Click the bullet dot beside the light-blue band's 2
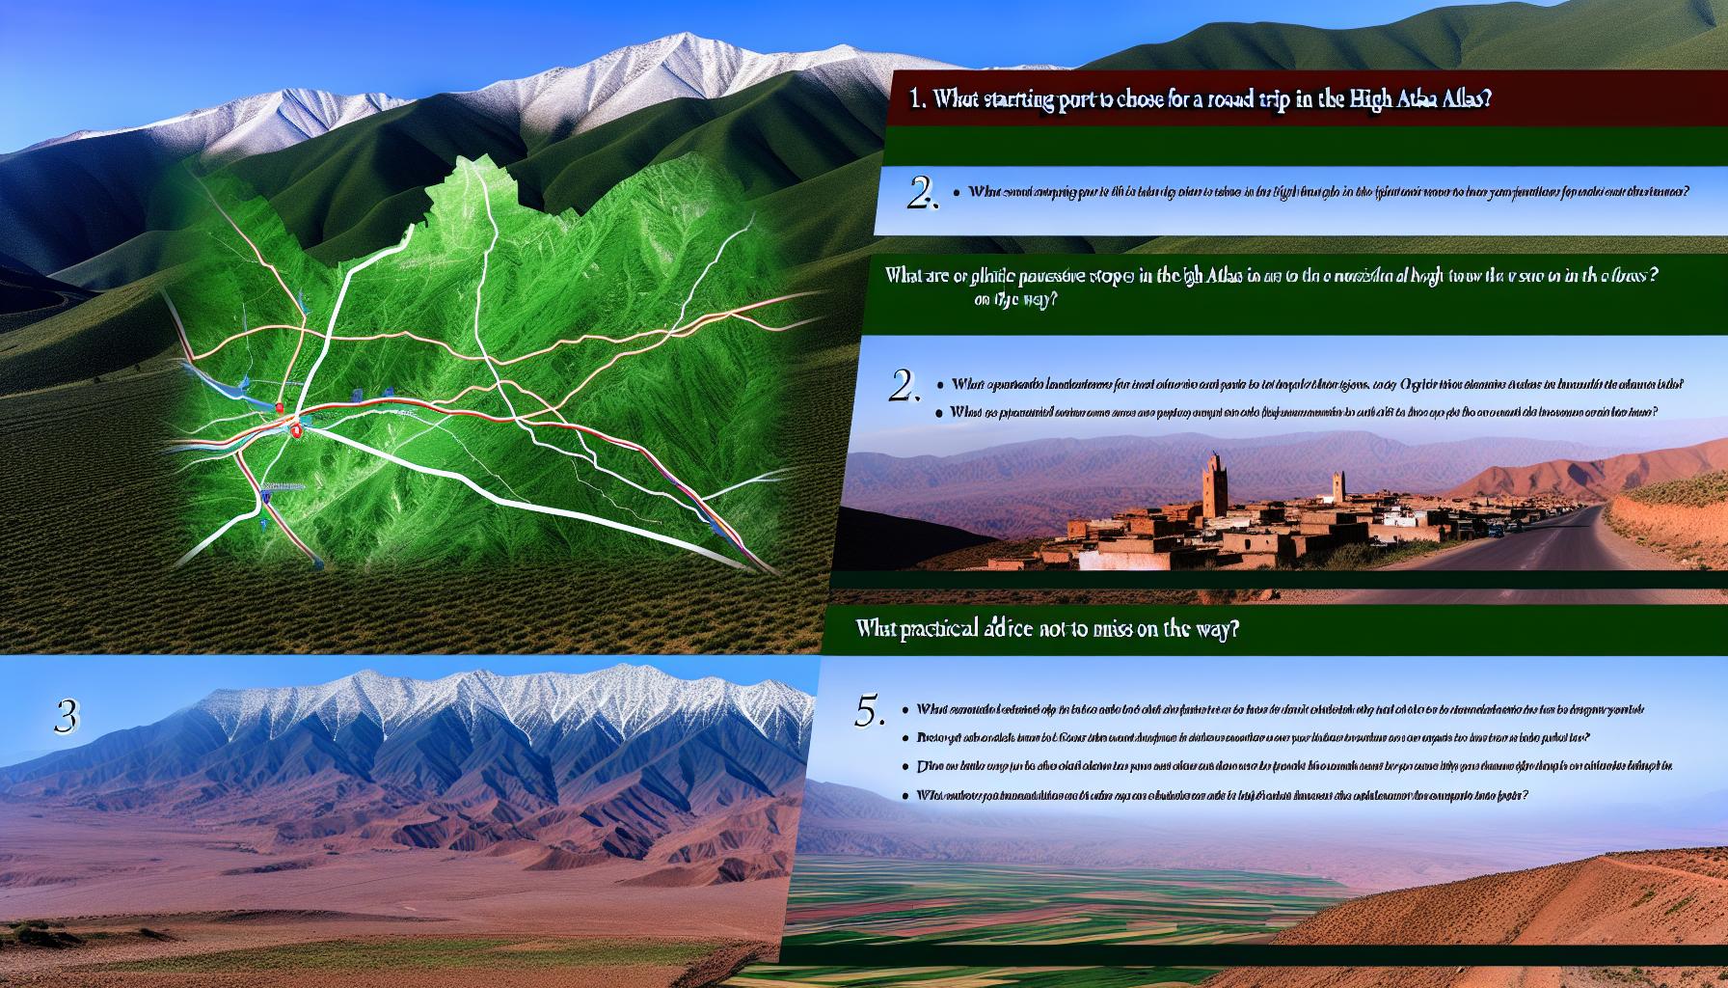pos(954,192)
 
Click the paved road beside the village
pos(1601,545)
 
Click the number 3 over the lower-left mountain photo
pos(67,715)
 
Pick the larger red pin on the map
pos(296,430)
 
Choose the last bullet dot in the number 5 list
pos(906,796)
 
